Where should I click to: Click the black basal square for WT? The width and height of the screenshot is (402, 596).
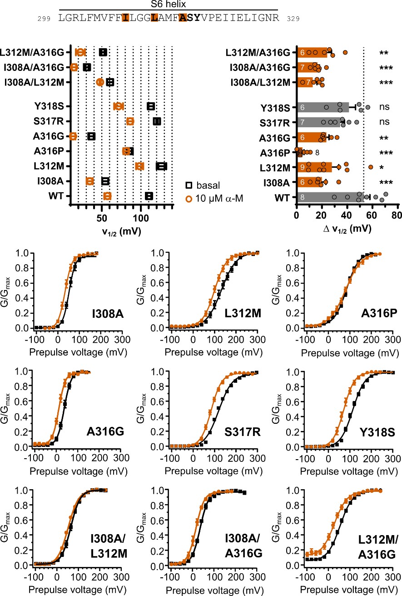click(149, 196)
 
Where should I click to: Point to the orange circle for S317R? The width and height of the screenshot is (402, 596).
click(130, 121)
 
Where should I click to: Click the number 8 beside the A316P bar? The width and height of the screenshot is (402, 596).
click(318, 152)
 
